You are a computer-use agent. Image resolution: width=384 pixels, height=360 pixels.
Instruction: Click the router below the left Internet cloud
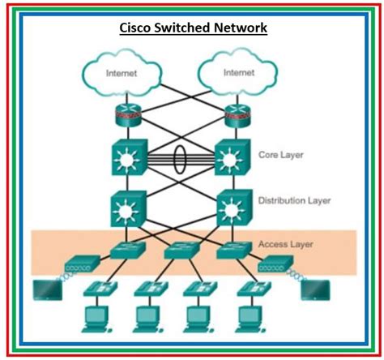(128, 114)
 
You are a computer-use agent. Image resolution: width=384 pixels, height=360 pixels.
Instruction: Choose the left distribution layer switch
(128, 207)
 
